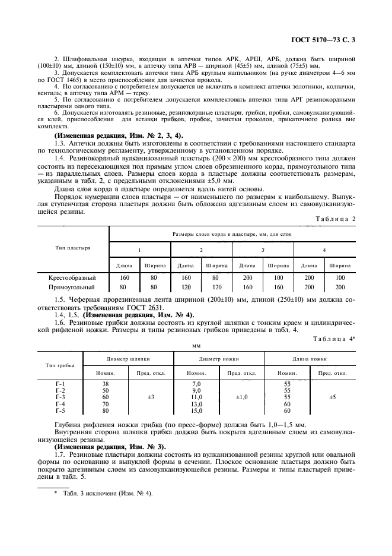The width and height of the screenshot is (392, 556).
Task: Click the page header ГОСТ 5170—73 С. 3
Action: tap(327, 40)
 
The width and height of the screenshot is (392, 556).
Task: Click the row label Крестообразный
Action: tap(72, 277)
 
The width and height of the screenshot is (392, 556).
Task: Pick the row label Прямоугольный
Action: tap(72, 287)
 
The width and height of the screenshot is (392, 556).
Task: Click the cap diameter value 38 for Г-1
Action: tap(106, 384)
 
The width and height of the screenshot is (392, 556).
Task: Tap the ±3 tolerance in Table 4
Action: tap(151, 397)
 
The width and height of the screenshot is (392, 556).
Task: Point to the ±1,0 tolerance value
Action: tap(241, 397)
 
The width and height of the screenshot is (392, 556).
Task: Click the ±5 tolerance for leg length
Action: tap(332, 397)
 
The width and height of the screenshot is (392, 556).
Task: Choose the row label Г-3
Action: tap(60, 397)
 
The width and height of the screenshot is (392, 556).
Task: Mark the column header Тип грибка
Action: tap(60, 365)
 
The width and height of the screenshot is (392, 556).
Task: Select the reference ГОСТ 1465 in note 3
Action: tap(60, 79)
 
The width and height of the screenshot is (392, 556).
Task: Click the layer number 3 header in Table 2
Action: tap(262, 250)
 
